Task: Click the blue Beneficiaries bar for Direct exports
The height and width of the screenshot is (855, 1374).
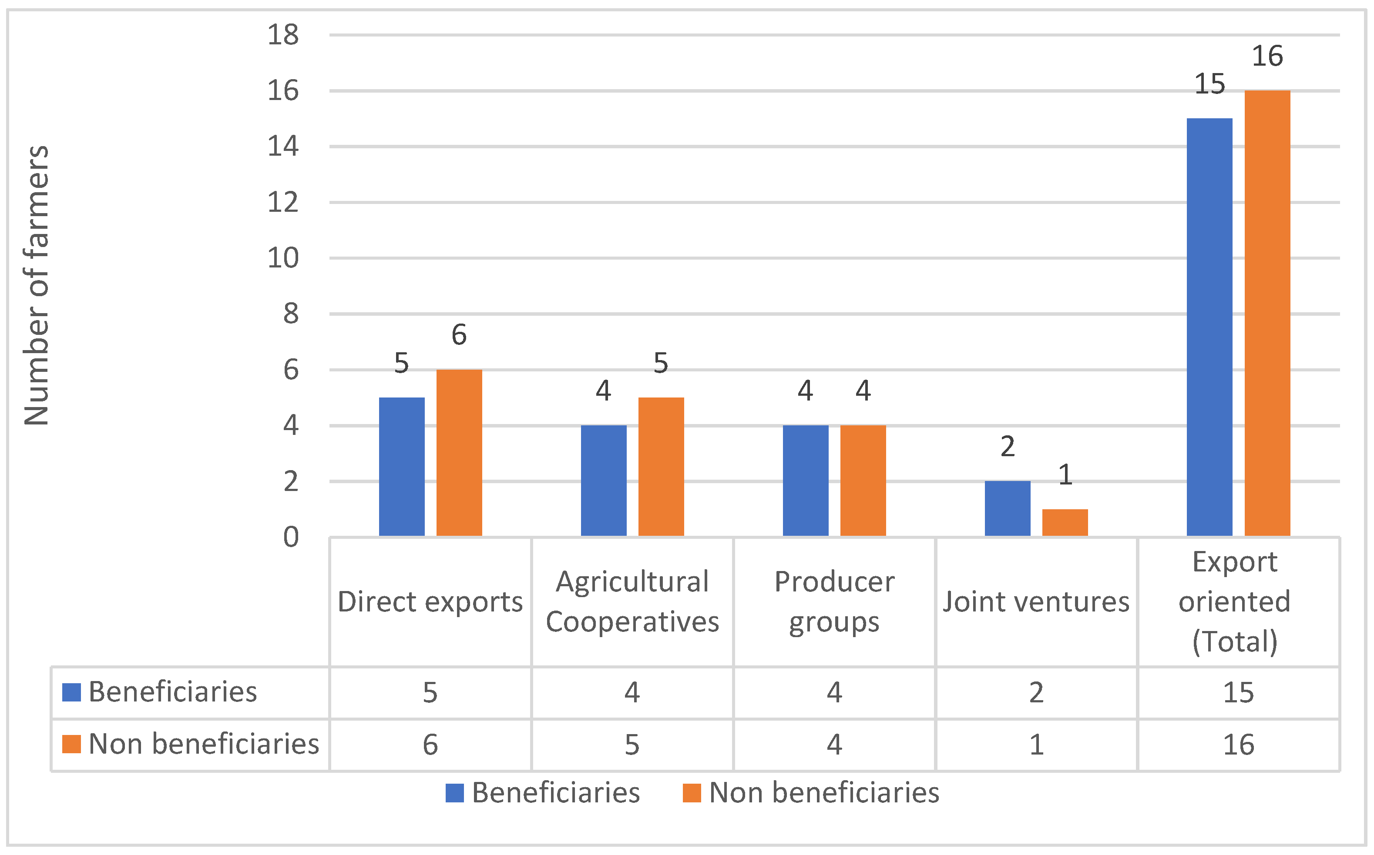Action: pos(401,467)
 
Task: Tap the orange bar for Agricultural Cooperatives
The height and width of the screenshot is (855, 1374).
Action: pos(661,467)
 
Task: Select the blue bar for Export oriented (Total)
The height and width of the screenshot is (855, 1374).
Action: pos(1209,327)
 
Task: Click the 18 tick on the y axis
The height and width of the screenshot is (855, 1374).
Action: pos(283,35)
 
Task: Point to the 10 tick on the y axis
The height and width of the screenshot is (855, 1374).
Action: pos(283,258)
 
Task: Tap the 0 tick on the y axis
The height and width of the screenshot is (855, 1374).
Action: pos(291,537)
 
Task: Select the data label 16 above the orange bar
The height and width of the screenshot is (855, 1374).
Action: pos(1267,56)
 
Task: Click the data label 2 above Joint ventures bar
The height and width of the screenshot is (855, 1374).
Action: pos(1007,447)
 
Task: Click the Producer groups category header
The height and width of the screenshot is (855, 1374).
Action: pos(834,601)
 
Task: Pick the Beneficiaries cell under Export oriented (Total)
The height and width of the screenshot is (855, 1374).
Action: pos(1238,693)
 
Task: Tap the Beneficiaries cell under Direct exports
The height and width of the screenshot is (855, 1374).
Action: pos(430,693)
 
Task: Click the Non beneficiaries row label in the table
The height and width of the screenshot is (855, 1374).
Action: pos(204,744)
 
